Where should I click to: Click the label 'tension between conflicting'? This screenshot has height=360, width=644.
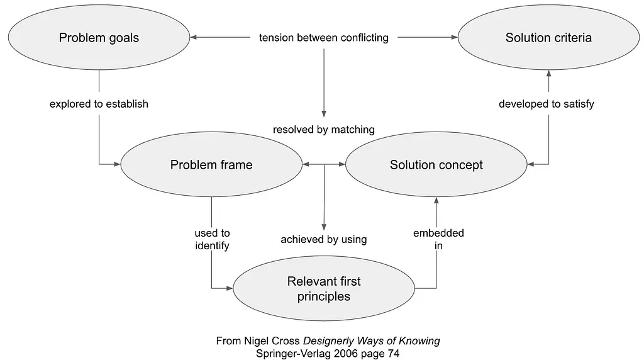tap(324, 38)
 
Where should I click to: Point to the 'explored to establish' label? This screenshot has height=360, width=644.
tap(99, 104)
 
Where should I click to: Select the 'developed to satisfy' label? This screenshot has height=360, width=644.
tap(547, 104)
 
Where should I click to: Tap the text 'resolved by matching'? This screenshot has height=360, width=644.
tap(324, 130)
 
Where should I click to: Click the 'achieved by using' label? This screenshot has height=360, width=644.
tap(324, 240)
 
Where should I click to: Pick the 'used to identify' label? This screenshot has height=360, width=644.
tap(212, 239)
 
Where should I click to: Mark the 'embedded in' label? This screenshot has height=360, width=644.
tap(438, 239)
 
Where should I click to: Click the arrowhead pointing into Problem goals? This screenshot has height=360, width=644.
tap(194, 37)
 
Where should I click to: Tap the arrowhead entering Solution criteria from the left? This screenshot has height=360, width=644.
tap(454, 37)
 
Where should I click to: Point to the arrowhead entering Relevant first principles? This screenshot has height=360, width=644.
tap(229, 288)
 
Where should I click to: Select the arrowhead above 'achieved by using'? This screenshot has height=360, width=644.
tap(324, 227)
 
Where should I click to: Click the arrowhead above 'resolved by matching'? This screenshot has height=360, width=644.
tap(324, 114)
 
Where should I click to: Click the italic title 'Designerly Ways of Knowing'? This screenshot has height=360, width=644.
tap(371, 341)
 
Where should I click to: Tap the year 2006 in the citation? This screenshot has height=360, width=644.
tap(345, 354)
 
